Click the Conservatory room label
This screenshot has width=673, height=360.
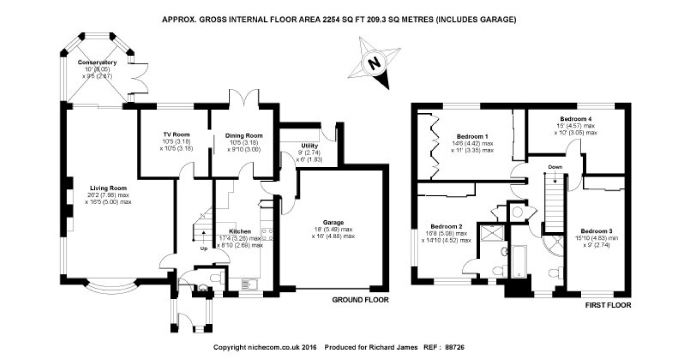[97, 62]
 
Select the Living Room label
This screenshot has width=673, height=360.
[108, 188]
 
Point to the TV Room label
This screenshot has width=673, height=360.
[176, 134]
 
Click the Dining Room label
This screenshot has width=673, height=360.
[244, 136]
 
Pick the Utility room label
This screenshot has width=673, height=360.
[309, 146]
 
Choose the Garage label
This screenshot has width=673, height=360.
[333, 222]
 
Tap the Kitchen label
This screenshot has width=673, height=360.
[240, 231]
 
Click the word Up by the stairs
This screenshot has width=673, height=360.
[204, 248]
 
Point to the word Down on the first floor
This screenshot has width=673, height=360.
[555, 167]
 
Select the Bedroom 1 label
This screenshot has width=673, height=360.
[472, 136]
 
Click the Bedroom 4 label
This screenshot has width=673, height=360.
[576, 119]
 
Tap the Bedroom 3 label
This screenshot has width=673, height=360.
[596, 231]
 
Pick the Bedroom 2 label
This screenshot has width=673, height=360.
[446, 226]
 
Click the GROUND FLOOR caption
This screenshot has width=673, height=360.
[360, 300]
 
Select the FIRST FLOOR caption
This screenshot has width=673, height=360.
[608, 305]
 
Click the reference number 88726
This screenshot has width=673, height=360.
[454, 347]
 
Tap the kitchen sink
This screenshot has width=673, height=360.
[249, 284]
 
